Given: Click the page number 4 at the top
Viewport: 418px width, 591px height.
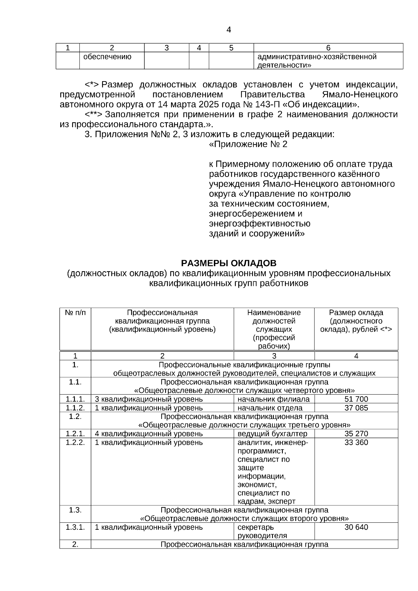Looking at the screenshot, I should (229, 30).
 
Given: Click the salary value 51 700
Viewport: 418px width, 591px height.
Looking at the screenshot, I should (356, 399).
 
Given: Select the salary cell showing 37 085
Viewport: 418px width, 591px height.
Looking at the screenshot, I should (356, 408).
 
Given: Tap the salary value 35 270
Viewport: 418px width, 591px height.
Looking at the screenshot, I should (356, 434).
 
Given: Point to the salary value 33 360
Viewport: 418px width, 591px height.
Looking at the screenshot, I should (356, 442).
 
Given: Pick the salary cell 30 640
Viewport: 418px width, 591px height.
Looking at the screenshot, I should (356, 527).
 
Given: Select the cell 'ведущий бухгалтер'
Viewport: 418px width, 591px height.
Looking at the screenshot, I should (272, 434).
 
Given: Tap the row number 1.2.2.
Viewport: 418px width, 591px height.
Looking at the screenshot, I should (75, 442).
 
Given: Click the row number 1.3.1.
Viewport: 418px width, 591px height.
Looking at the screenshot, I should (75, 527).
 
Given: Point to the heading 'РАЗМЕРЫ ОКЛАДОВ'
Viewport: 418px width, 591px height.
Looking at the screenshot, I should (229, 263).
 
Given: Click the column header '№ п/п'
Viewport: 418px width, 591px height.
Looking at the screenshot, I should (75, 313).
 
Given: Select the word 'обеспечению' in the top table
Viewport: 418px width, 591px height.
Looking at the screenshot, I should (107, 57).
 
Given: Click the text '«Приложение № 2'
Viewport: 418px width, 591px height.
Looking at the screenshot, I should (248, 145).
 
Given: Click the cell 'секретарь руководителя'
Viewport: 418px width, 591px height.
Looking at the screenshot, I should (262, 531).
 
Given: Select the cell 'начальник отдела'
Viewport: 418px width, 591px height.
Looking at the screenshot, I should (270, 408).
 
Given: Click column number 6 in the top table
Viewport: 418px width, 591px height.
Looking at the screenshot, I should (328, 48).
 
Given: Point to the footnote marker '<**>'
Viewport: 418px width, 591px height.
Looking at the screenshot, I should (93, 115).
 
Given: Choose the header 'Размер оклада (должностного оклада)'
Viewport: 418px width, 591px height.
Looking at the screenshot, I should (356, 321).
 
